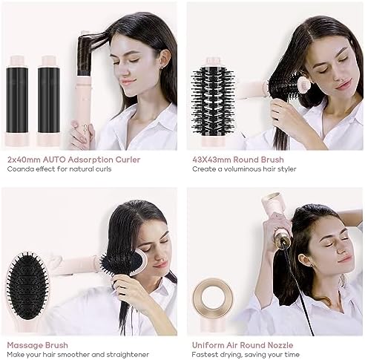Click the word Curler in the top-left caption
pyautogui.click(x=128, y=160)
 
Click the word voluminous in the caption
pyautogui.click(x=240, y=169)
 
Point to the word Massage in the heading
pyautogui.click(x=22, y=345)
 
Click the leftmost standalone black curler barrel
pyautogui.click(x=17, y=100)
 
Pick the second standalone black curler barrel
pyautogui.click(x=49, y=100)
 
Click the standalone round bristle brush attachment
pyautogui.click(x=213, y=102)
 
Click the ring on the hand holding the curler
pyautogui.click(x=85, y=128)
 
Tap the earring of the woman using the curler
pyautogui.click(x=162, y=68)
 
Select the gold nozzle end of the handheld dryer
pyautogui.click(x=284, y=237)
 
